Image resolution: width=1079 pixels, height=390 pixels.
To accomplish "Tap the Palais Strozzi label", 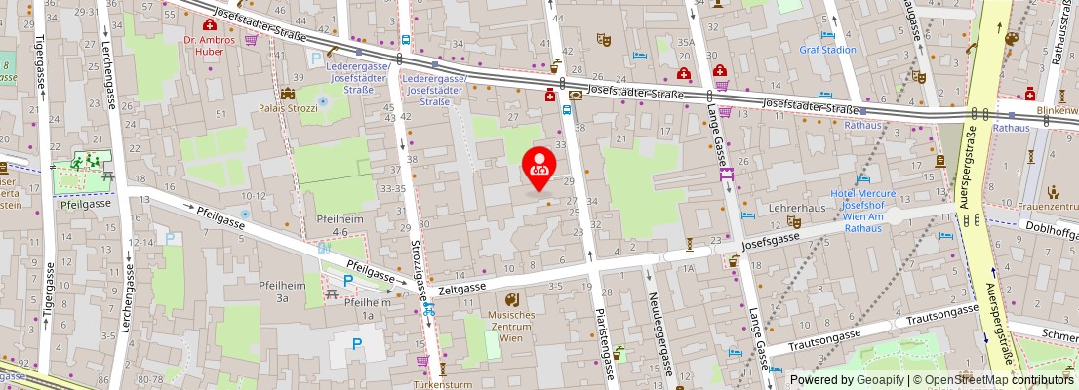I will (288, 108).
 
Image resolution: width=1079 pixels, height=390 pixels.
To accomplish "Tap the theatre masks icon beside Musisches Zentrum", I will (512, 299).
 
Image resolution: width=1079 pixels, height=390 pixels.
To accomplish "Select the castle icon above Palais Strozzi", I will (288, 94).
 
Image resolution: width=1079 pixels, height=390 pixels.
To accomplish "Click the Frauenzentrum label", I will (1047, 206).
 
